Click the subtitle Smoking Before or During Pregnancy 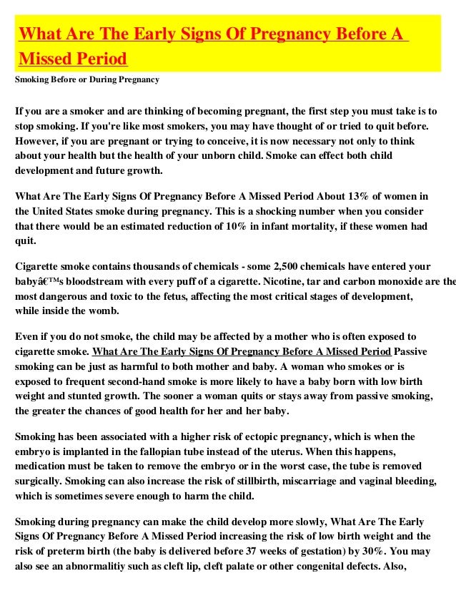87,80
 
